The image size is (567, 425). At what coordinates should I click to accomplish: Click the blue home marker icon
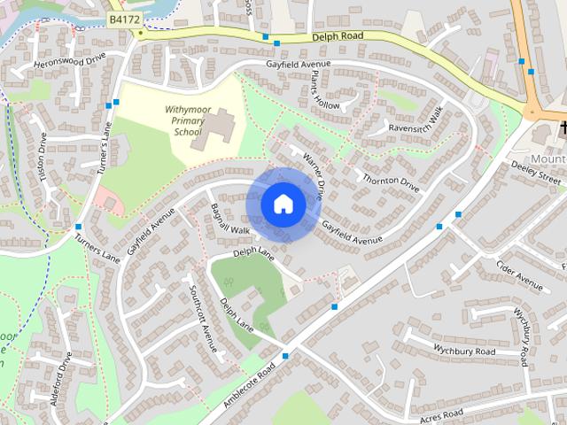[283, 204]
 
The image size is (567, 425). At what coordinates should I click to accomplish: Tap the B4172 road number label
[125, 18]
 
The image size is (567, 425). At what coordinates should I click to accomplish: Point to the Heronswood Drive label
[70, 59]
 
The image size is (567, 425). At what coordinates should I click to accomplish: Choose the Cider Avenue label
[517, 274]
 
